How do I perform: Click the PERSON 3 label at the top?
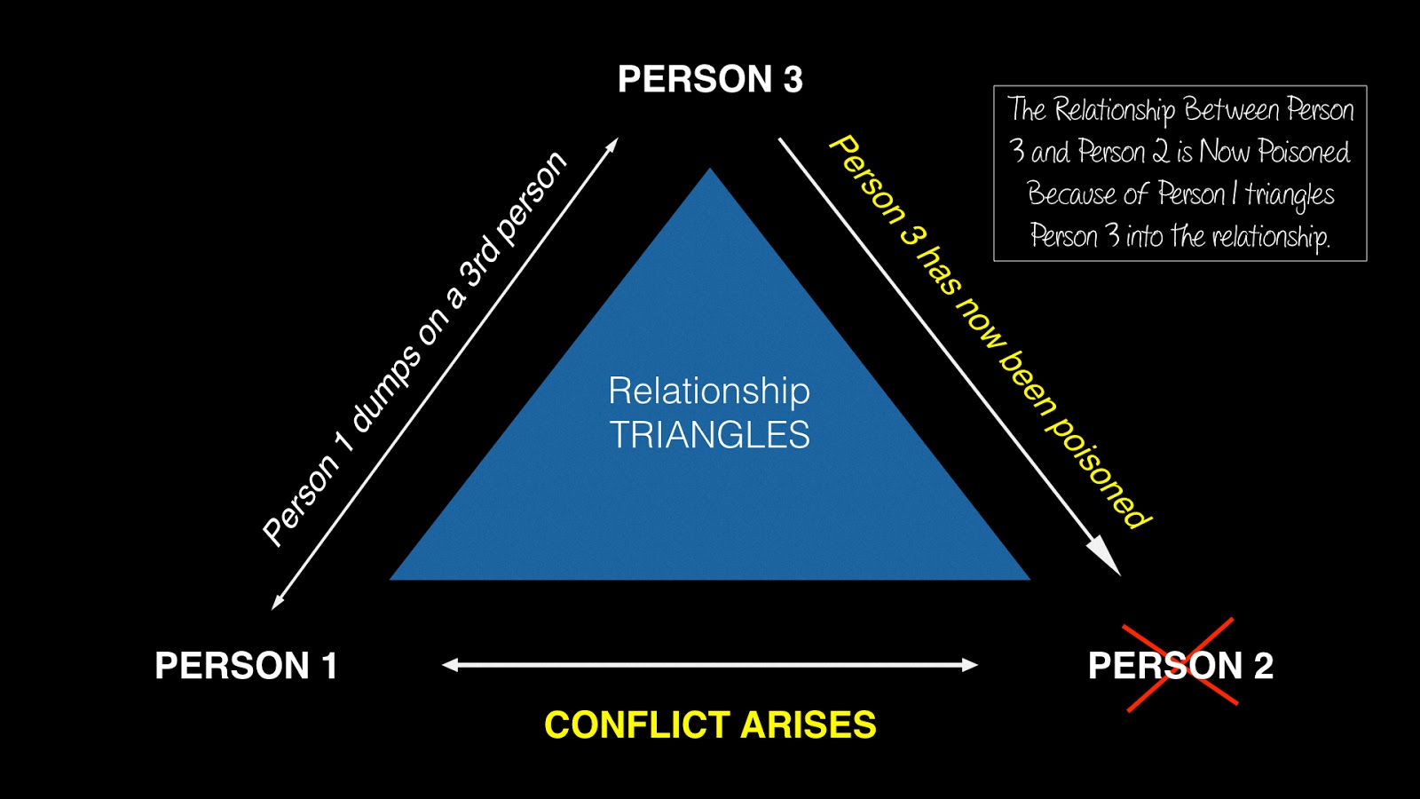[x=710, y=79]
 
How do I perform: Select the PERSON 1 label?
[x=246, y=666]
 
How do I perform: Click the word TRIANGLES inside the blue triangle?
[x=709, y=435]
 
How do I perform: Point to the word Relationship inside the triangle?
[x=709, y=391]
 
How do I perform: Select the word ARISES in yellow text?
[x=809, y=725]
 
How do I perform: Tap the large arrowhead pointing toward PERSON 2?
[x=1105, y=557]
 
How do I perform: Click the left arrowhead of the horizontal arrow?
[x=451, y=665]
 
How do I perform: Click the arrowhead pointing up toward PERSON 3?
[x=611, y=145]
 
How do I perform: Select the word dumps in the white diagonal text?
[x=386, y=389]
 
